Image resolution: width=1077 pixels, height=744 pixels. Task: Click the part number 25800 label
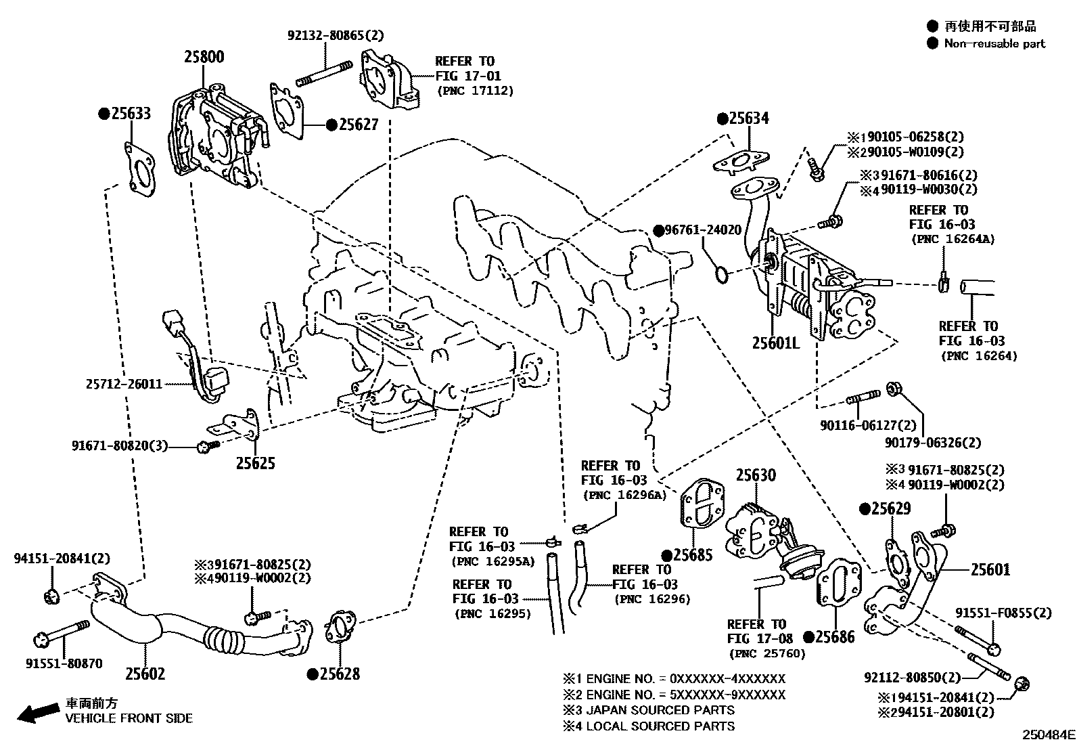(204, 57)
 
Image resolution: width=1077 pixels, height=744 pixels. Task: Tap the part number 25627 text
(359, 125)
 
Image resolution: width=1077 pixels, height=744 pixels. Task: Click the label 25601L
(775, 343)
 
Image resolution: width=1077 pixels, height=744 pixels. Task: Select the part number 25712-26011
(124, 384)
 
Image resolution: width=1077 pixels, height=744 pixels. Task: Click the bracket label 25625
(255, 464)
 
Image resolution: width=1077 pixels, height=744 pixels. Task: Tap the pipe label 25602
(145, 674)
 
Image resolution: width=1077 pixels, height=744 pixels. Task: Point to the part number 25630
(756, 475)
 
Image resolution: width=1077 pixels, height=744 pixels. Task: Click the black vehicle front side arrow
(38, 712)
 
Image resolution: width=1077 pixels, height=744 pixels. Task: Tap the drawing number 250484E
(1048, 734)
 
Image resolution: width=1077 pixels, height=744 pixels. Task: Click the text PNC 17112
(475, 90)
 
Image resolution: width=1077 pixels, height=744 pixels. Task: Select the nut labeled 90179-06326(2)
(893, 388)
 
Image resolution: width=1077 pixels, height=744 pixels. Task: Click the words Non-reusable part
(994, 43)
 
